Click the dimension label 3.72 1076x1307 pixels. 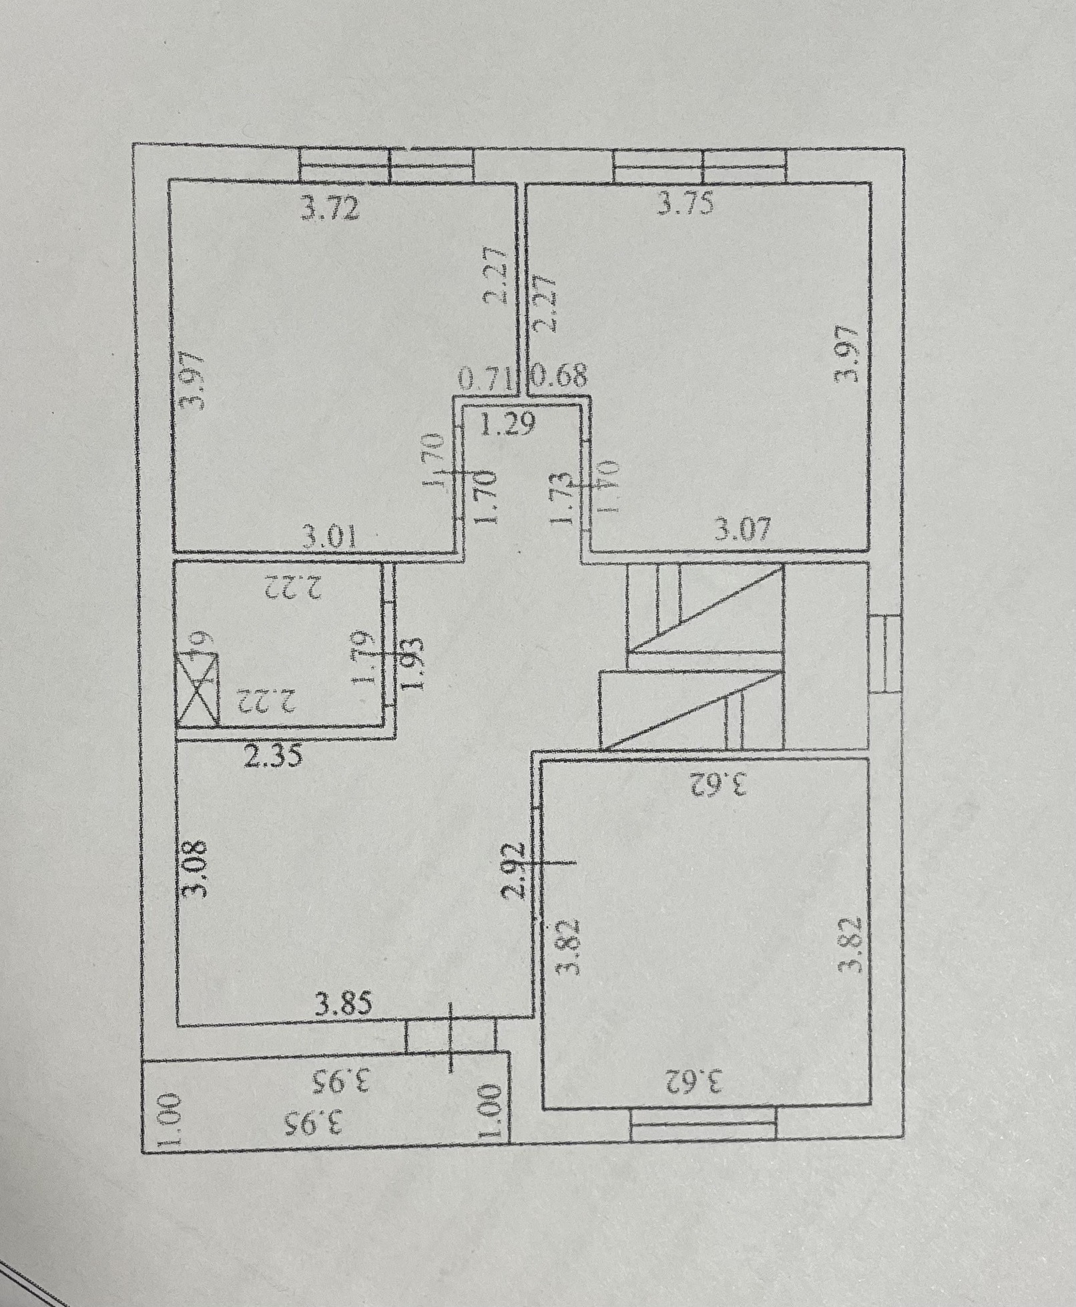coord(331,209)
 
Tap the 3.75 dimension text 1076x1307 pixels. coord(686,203)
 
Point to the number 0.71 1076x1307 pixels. coord(486,380)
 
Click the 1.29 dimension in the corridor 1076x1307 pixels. coord(508,424)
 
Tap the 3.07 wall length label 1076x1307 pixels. coord(743,530)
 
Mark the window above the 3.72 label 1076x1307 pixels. coord(386,165)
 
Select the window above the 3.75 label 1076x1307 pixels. coord(699,166)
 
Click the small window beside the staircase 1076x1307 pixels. coord(885,655)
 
